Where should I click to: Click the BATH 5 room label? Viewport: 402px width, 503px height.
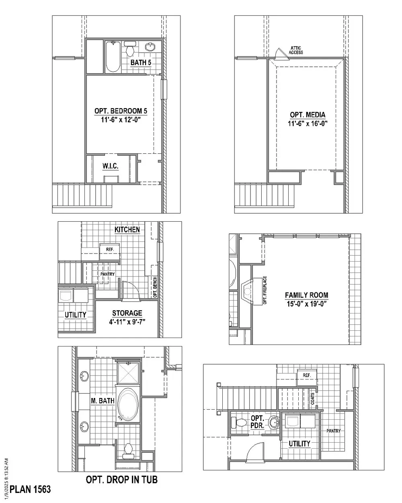point(141,63)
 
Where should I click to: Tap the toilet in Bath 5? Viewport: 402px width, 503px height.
point(130,49)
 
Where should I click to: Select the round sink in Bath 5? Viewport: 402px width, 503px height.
point(150,47)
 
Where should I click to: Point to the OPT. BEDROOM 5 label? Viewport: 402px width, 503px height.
point(121,111)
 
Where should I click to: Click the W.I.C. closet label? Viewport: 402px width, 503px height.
point(110,166)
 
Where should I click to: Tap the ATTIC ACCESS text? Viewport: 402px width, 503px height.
point(296,50)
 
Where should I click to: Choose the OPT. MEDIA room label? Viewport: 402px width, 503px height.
point(308,115)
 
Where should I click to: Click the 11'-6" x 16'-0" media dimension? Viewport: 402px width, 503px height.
point(308,124)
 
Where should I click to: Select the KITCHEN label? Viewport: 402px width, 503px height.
point(127,229)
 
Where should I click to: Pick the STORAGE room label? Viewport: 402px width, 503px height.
point(127,313)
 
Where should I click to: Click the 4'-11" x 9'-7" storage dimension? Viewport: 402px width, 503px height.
point(127,322)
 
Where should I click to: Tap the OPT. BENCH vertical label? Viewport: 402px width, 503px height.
point(155,287)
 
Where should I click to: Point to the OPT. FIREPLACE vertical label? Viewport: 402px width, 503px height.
point(265,290)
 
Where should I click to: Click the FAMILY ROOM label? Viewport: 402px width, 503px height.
point(306,295)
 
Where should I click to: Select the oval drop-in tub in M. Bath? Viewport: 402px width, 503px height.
point(128,404)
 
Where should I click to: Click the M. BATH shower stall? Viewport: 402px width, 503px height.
point(128,373)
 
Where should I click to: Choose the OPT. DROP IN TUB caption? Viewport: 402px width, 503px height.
point(122,479)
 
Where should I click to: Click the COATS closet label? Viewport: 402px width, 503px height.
point(312,398)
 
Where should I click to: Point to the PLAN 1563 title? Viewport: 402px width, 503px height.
point(30,489)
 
